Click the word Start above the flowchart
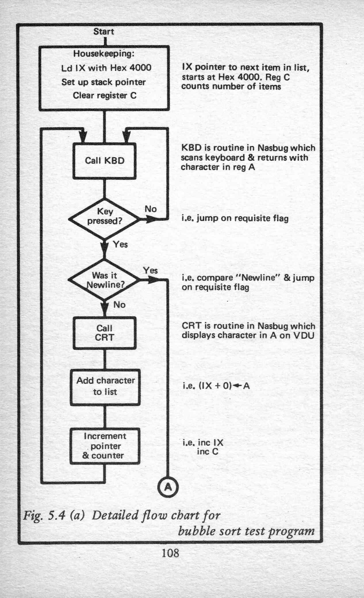click(x=104, y=31)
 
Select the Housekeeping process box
click(x=104, y=78)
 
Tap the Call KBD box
click(x=104, y=161)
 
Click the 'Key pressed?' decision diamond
click(x=105, y=219)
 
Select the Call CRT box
click(x=104, y=333)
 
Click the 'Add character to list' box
click(x=105, y=387)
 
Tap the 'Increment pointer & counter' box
click(x=105, y=446)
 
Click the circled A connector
click(x=168, y=487)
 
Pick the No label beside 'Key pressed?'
click(x=151, y=209)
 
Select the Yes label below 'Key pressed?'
click(x=120, y=244)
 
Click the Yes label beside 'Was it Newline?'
click(x=150, y=270)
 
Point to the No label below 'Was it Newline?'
click(x=119, y=305)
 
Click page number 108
click(x=170, y=553)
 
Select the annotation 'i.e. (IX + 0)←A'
click(x=216, y=386)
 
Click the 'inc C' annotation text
click(x=207, y=452)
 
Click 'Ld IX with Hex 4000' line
click(x=106, y=68)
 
